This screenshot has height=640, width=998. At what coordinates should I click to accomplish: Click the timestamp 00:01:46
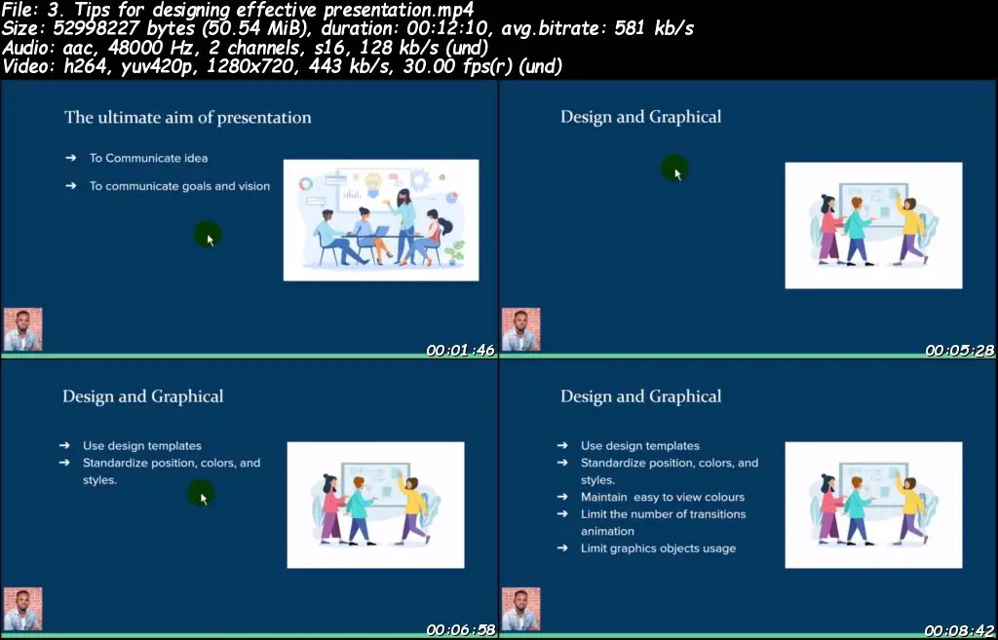[x=460, y=351]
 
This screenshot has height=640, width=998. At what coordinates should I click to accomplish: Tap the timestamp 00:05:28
[x=959, y=351]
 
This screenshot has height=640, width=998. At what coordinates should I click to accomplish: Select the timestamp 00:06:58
[x=460, y=630]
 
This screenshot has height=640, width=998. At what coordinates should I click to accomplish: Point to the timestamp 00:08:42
[x=959, y=630]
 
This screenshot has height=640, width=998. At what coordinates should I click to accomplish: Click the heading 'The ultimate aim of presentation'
[x=188, y=118]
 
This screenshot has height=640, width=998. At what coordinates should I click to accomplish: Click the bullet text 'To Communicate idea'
[x=148, y=158]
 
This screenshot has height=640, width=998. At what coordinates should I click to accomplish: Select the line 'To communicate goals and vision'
[x=179, y=186]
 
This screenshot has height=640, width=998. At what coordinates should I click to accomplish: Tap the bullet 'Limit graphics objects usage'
[x=658, y=548]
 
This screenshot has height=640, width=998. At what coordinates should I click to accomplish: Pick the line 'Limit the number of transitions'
[x=663, y=514]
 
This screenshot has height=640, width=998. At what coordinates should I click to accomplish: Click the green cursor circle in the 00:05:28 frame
[x=674, y=169]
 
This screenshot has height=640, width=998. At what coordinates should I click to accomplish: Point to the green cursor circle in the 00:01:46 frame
[x=208, y=235]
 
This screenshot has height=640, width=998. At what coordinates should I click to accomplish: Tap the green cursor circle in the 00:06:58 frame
[x=201, y=494]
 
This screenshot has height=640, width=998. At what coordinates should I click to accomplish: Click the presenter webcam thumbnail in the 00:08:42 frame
[x=521, y=609]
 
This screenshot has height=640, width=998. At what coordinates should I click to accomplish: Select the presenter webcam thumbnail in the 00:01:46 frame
[x=23, y=329]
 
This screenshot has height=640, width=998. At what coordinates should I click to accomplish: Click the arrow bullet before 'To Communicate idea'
[x=70, y=158]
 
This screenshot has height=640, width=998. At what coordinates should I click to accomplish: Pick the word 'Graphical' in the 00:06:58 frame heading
[x=187, y=397]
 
